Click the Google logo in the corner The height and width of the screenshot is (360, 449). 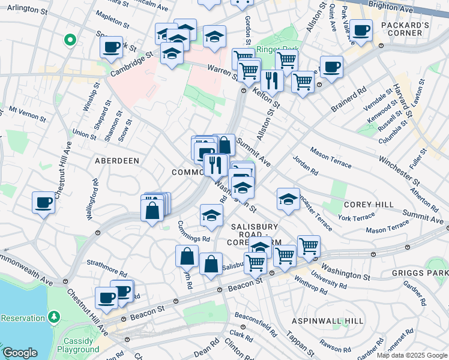(x=20, y=353)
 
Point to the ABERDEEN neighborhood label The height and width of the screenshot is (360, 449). (x=117, y=161)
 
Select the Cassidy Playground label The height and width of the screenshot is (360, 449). (x=78, y=345)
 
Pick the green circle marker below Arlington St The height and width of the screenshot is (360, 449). (x=70, y=40)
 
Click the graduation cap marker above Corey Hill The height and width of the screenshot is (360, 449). (x=288, y=198)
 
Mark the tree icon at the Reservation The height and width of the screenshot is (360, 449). (x=55, y=316)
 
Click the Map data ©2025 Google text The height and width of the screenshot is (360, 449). (x=412, y=355)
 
